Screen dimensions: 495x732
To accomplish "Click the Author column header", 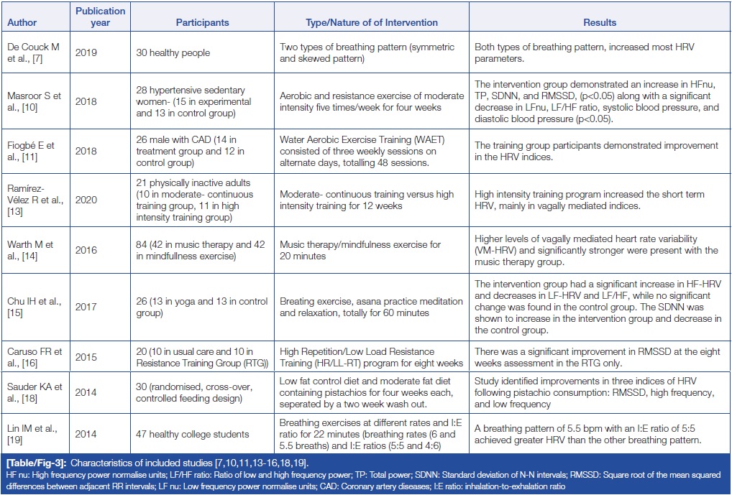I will tap(22, 22).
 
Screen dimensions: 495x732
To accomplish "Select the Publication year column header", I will tap(100, 17).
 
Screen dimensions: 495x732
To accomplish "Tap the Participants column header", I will tap(202, 22).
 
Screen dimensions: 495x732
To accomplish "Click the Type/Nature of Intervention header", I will tap(371, 22).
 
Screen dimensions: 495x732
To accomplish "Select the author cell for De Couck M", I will tap(33, 52).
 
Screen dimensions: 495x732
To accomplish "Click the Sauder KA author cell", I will tap(35, 392).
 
